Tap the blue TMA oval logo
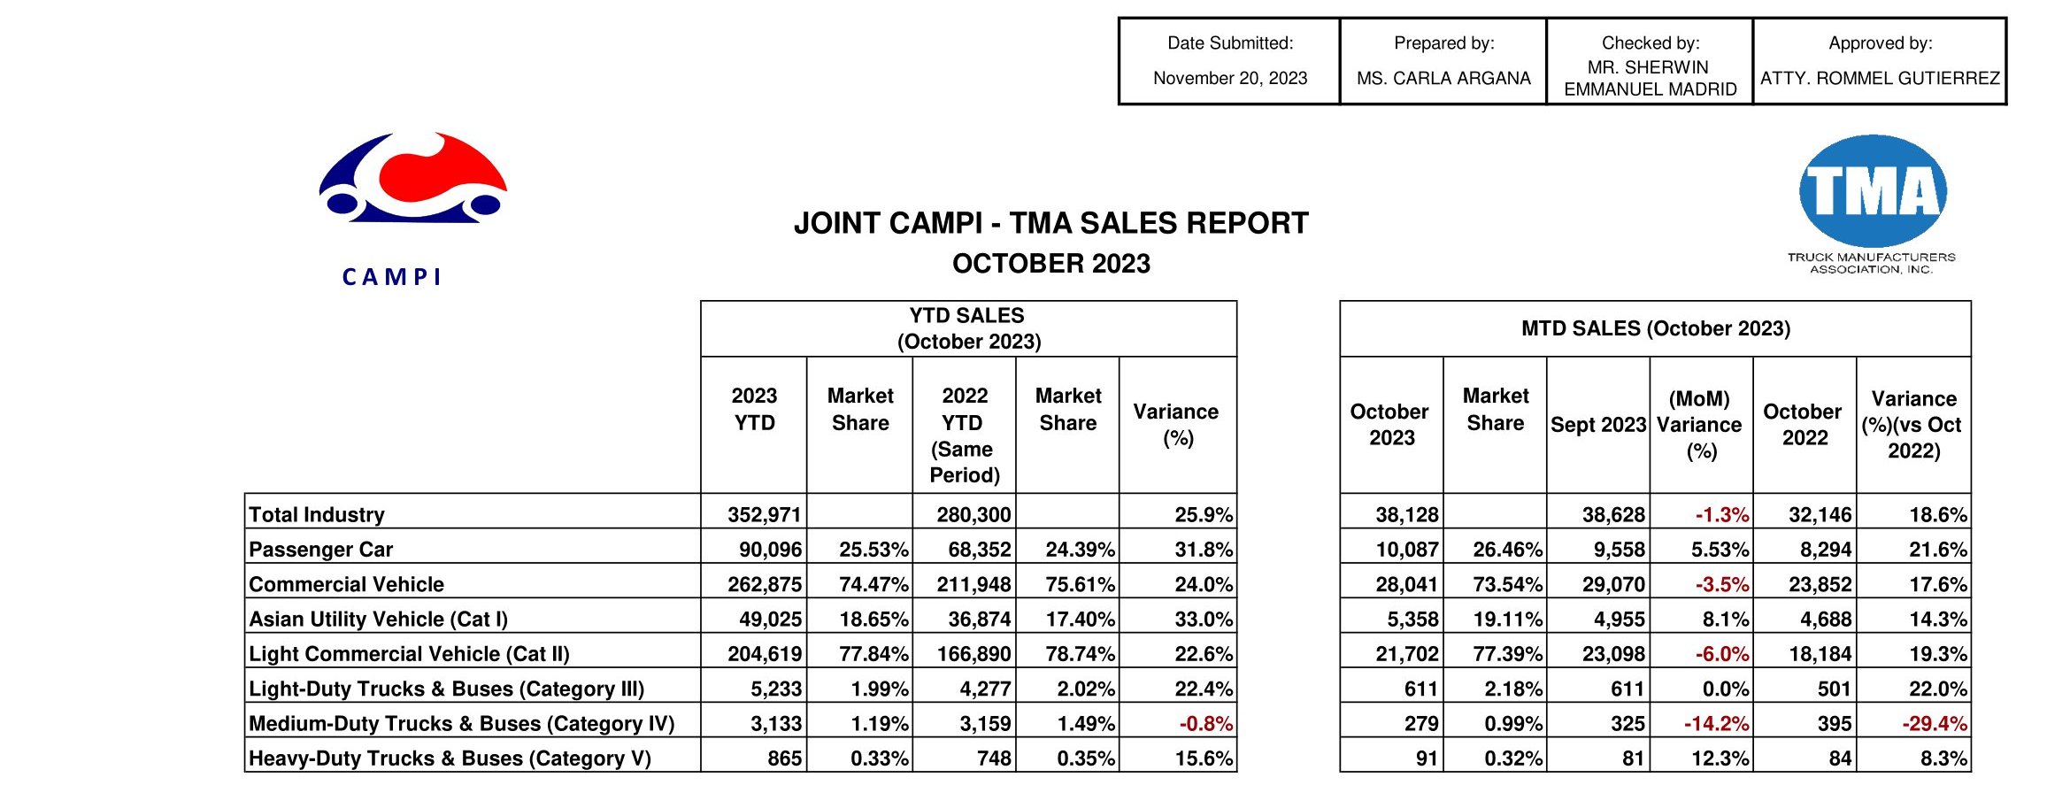point(1873,191)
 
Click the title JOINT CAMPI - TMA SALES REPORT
point(1050,223)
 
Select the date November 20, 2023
point(1229,78)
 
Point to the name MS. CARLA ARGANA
point(1443,78)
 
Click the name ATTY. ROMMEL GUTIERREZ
point(1880,78)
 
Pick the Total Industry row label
point(317,514)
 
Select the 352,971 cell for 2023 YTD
point(764,514)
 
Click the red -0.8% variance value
point(1205,723)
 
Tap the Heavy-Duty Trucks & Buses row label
point(450,758)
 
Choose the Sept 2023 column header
point(1598,425)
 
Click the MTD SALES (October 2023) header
point(1655,328)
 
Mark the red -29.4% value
point(1934,723)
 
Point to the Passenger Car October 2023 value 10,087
point(1406,550)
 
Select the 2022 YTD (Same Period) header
point(965,435)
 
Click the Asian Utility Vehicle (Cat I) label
point(378,619)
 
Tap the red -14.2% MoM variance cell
point(1716,723)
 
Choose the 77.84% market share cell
point(873,654)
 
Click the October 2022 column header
point(1803,425)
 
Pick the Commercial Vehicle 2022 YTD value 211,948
point(973,584)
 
